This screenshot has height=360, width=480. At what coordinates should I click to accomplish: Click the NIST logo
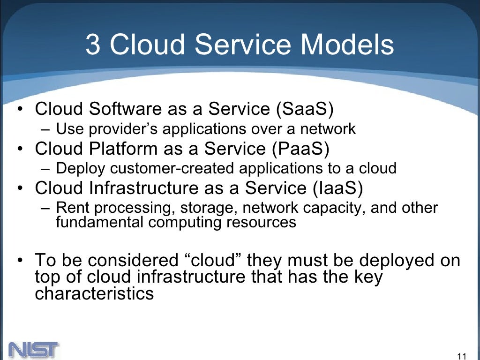(x=33, y=350)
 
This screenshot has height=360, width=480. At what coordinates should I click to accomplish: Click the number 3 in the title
(x=93, y=45)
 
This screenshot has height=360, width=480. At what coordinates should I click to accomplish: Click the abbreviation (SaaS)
(x=305, y=109)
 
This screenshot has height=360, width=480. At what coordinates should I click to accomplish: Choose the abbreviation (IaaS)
(x=337, y=188)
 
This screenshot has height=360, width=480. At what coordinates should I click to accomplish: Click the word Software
(x=125, y=109)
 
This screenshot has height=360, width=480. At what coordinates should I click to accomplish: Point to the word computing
(x=186, y=222)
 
